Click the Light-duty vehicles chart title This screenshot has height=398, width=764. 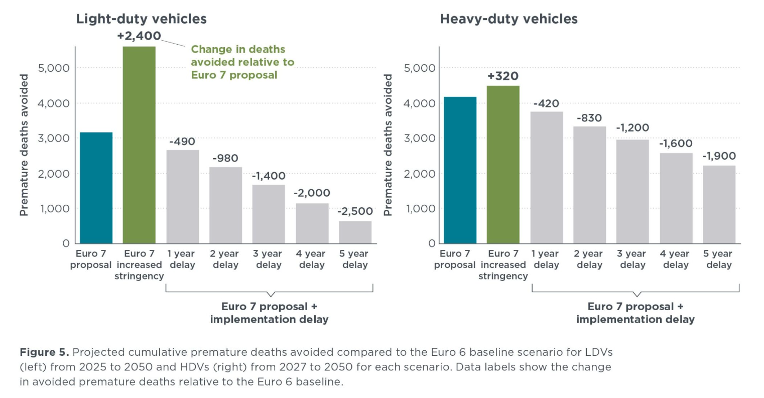[x=141, y=19]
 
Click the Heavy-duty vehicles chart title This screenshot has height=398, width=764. [x=508, y=19]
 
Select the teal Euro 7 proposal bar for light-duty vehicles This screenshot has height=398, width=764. [x=96, y=188]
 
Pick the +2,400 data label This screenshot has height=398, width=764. [x=139, y=36]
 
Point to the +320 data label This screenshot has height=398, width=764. [x=503, y=76]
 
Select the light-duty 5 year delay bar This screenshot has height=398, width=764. [x=355, y=232]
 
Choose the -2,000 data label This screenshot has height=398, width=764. [x=312, y=193]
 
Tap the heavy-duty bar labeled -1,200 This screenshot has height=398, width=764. [x=632, y=191]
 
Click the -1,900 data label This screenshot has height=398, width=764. [x=719, y=156]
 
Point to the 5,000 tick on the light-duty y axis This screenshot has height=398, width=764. [x=54, y=68]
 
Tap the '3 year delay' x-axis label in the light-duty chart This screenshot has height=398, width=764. [x=269, y=259]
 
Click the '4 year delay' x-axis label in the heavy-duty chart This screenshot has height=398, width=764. [x=676, y=259]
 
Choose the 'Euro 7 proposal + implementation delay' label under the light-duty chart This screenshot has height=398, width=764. [x=269, y=313]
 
